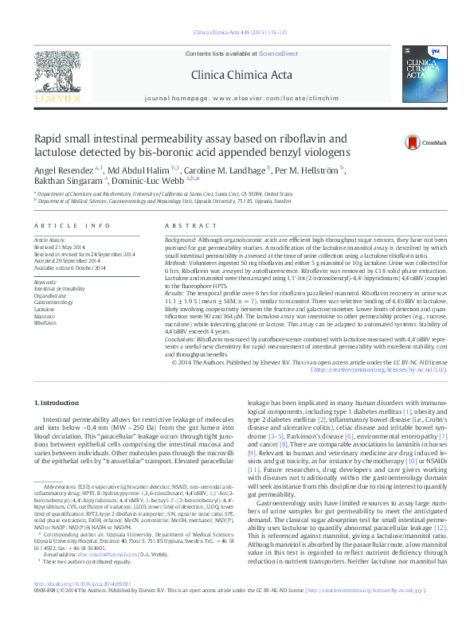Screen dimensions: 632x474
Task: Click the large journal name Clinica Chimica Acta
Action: (x=239, y=76)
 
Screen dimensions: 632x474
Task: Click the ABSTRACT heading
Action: (x=179, y=226)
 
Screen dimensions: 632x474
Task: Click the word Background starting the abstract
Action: (x=179, y=240)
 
